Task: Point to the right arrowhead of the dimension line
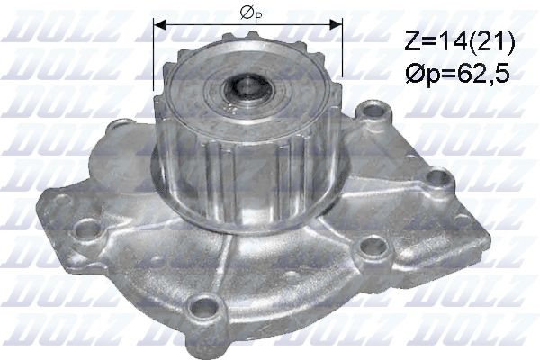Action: (x=340, y=24)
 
